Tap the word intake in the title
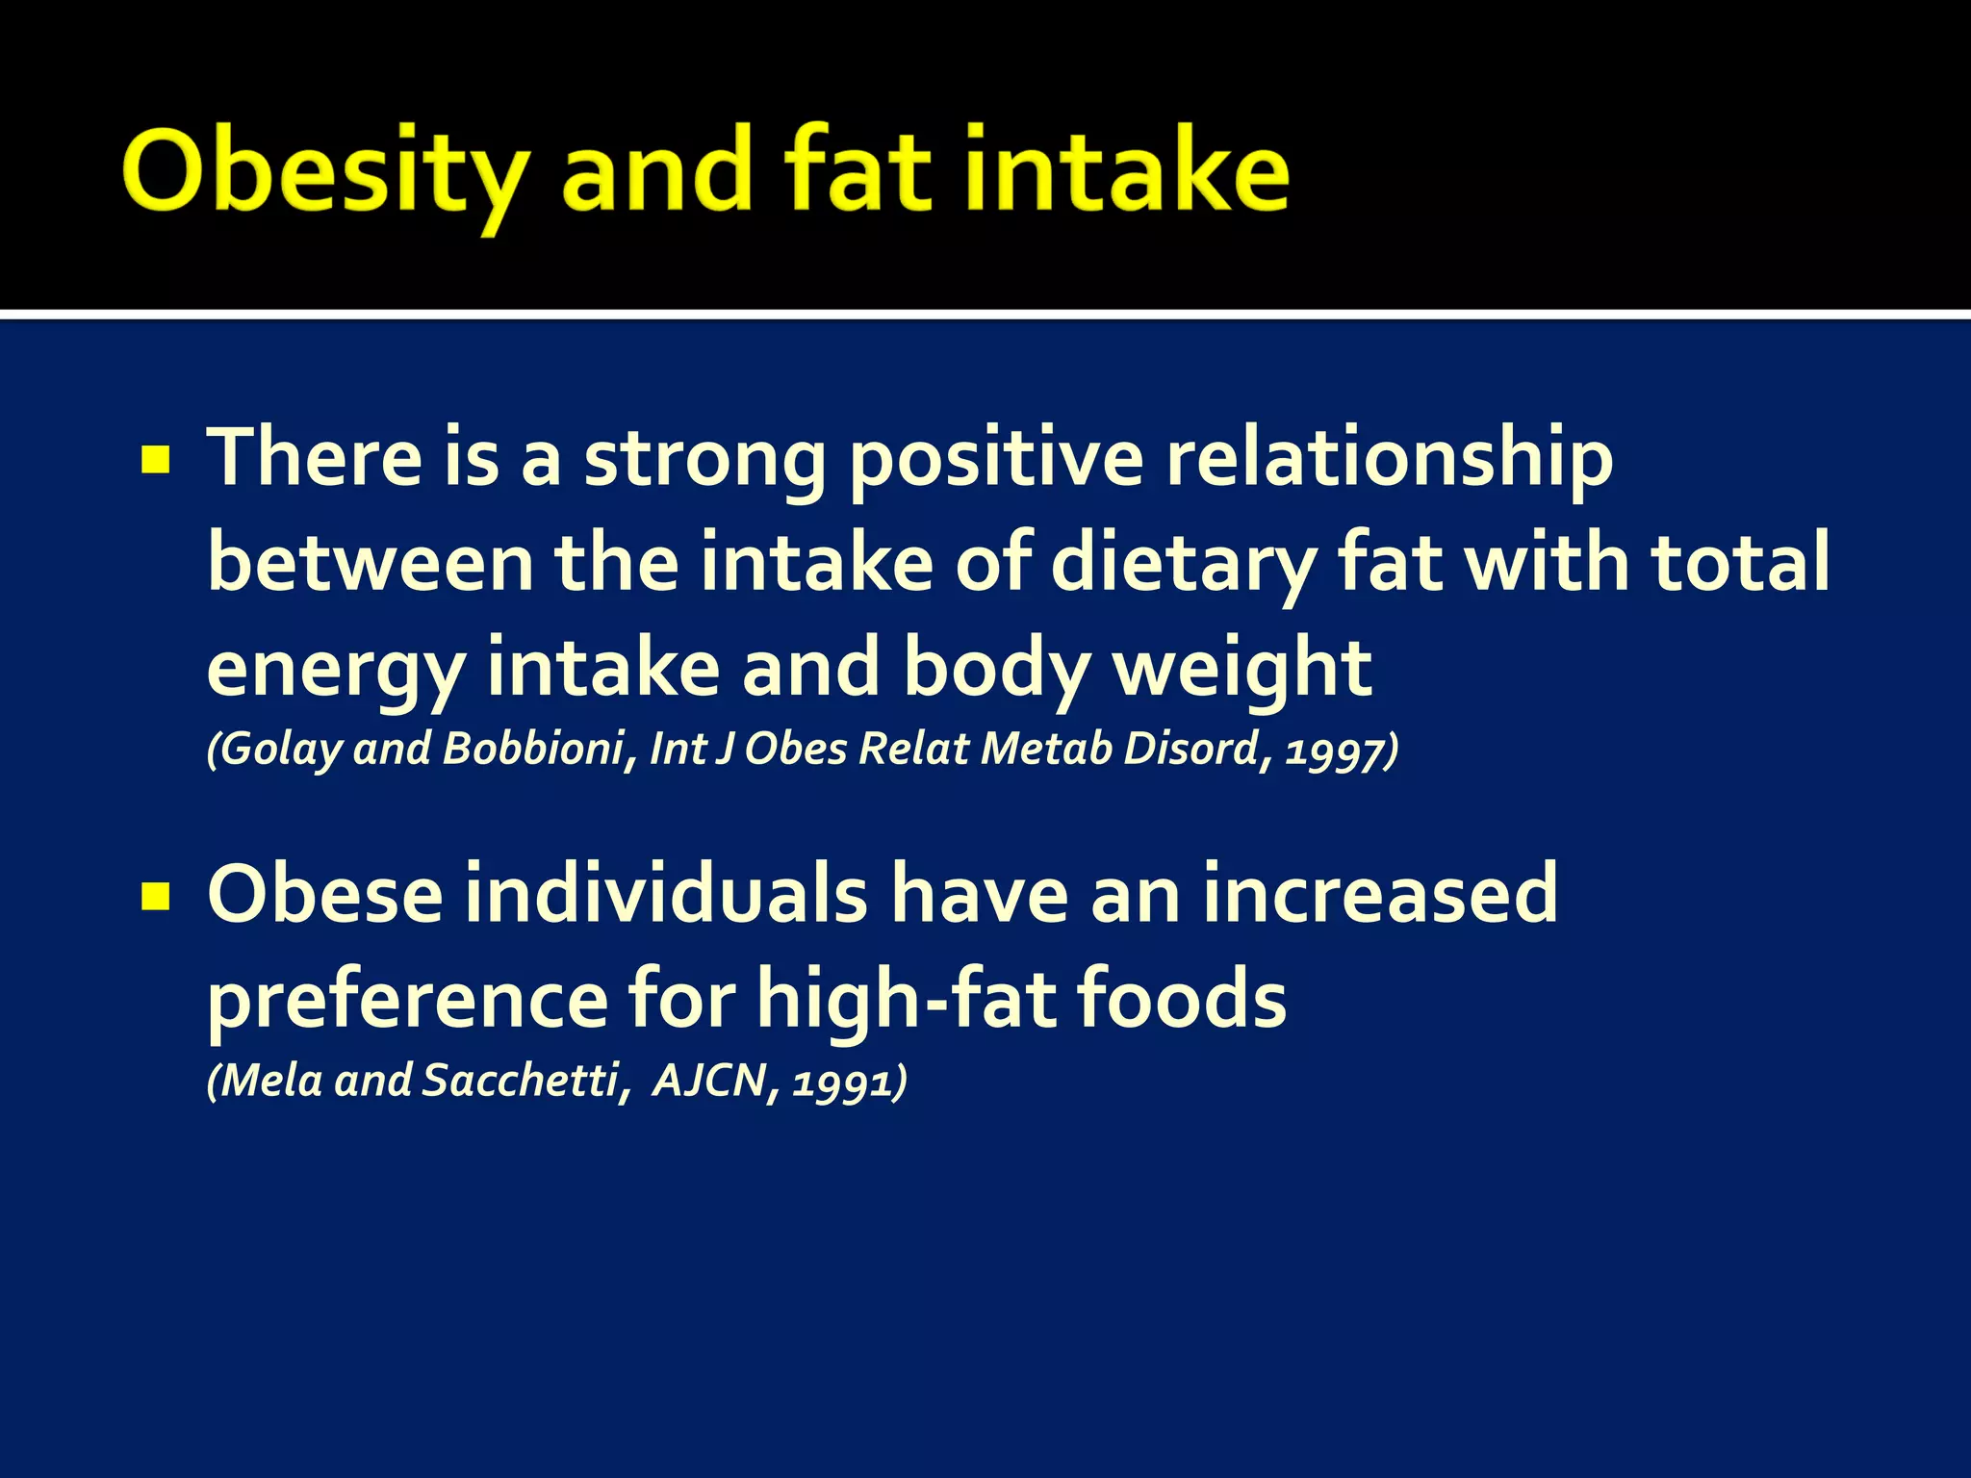pyautogui.click(x=1124, y=171)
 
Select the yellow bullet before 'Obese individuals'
pyautogui.click(x=155, y=897)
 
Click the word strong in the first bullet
pyautogui.click(x=704, y=460)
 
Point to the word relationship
pyautogui.click(x=1388, y=460)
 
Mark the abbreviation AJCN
pyautogui.click(x=709, y=1081)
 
